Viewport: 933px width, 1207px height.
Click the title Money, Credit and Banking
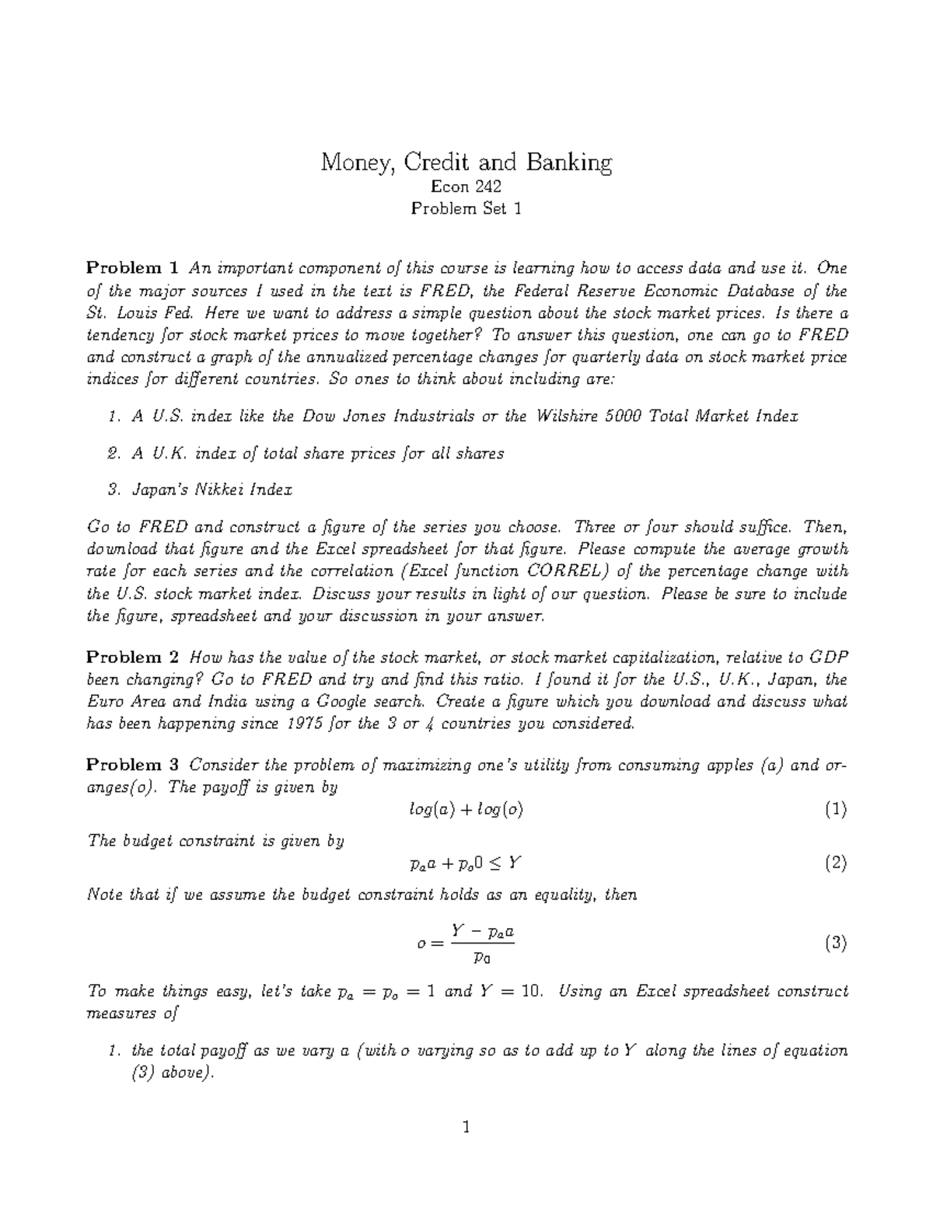pyautogui.click(x=466, y=163)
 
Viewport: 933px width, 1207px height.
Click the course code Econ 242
pyautogui.click(x=466, y=187)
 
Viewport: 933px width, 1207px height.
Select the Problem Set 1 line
pyautogui.click(x=466, y=208)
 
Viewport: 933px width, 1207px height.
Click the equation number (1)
pyautogui.click(x=836, y=810)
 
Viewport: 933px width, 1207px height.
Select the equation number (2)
pyautogui.click(x=836, y=863)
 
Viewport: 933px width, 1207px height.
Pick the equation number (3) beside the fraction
pyautogui.click(x=836, y=944)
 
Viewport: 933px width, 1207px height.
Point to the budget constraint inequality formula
pyautogui.click(x=466, y=863)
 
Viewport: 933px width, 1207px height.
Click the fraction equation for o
pyautogui.click(x=466, y=944)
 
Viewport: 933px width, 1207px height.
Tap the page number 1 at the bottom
pyautogui.click(x=466, y=1127)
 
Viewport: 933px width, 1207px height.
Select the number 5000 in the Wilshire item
pyautogui.click(x=620, y=416)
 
